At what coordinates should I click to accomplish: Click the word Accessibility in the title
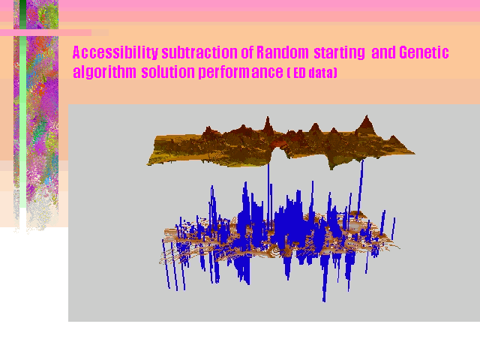point(115,52)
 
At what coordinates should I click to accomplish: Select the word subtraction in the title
point(199,52)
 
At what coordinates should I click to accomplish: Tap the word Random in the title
point(283,52)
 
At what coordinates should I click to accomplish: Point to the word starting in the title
point(340,53)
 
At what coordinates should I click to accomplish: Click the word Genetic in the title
point(424,52)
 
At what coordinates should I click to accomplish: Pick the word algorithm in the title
point(104,72)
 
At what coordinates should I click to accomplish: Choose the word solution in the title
point(168,72)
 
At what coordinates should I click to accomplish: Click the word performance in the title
point(241,72)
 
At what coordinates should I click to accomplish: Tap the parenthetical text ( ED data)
point(312,73)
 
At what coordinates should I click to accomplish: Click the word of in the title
point(247,52)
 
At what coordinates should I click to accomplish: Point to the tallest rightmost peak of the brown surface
point(367,115)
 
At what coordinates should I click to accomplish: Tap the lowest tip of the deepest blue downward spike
point(324,301)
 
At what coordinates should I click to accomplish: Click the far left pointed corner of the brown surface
point(147,165)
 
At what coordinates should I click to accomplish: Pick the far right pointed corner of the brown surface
point(415,152)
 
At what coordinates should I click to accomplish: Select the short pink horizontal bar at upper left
point(46,32)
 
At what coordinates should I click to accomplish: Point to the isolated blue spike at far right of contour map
point(394,229)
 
